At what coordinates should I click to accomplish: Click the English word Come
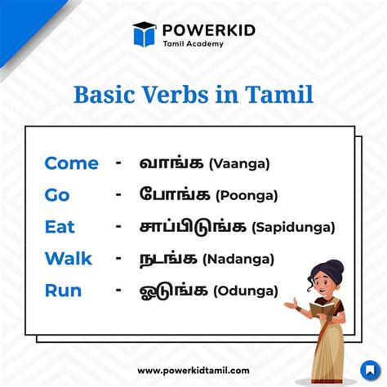coord(71,163)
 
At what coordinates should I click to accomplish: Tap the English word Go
coord(57,195)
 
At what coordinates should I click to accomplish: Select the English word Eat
coord(60,227)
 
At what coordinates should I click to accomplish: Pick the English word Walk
coord(69,259)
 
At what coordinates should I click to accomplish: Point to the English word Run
coord(63,291)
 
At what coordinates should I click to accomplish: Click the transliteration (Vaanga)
coord(239,164)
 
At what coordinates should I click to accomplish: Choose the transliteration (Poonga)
coord(247,196)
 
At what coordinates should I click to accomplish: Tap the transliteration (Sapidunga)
coord(293,228)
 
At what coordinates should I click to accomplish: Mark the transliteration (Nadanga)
coord(238,259)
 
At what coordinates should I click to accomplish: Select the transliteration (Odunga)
coord(246,291)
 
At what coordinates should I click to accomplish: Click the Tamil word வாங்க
coord(171,163)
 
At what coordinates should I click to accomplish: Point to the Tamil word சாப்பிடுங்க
coord(193,227)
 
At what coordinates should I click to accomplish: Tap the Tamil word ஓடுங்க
coord(174,291)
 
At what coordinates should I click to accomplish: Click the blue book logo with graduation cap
coord(145,34)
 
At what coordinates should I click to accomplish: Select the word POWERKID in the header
coord(209,30)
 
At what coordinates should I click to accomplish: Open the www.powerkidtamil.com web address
coord(193,371)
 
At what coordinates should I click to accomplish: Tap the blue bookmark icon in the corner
coord(370,371)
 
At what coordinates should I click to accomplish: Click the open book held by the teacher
coord(322,309)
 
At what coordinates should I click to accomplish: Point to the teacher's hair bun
coord(334,269)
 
